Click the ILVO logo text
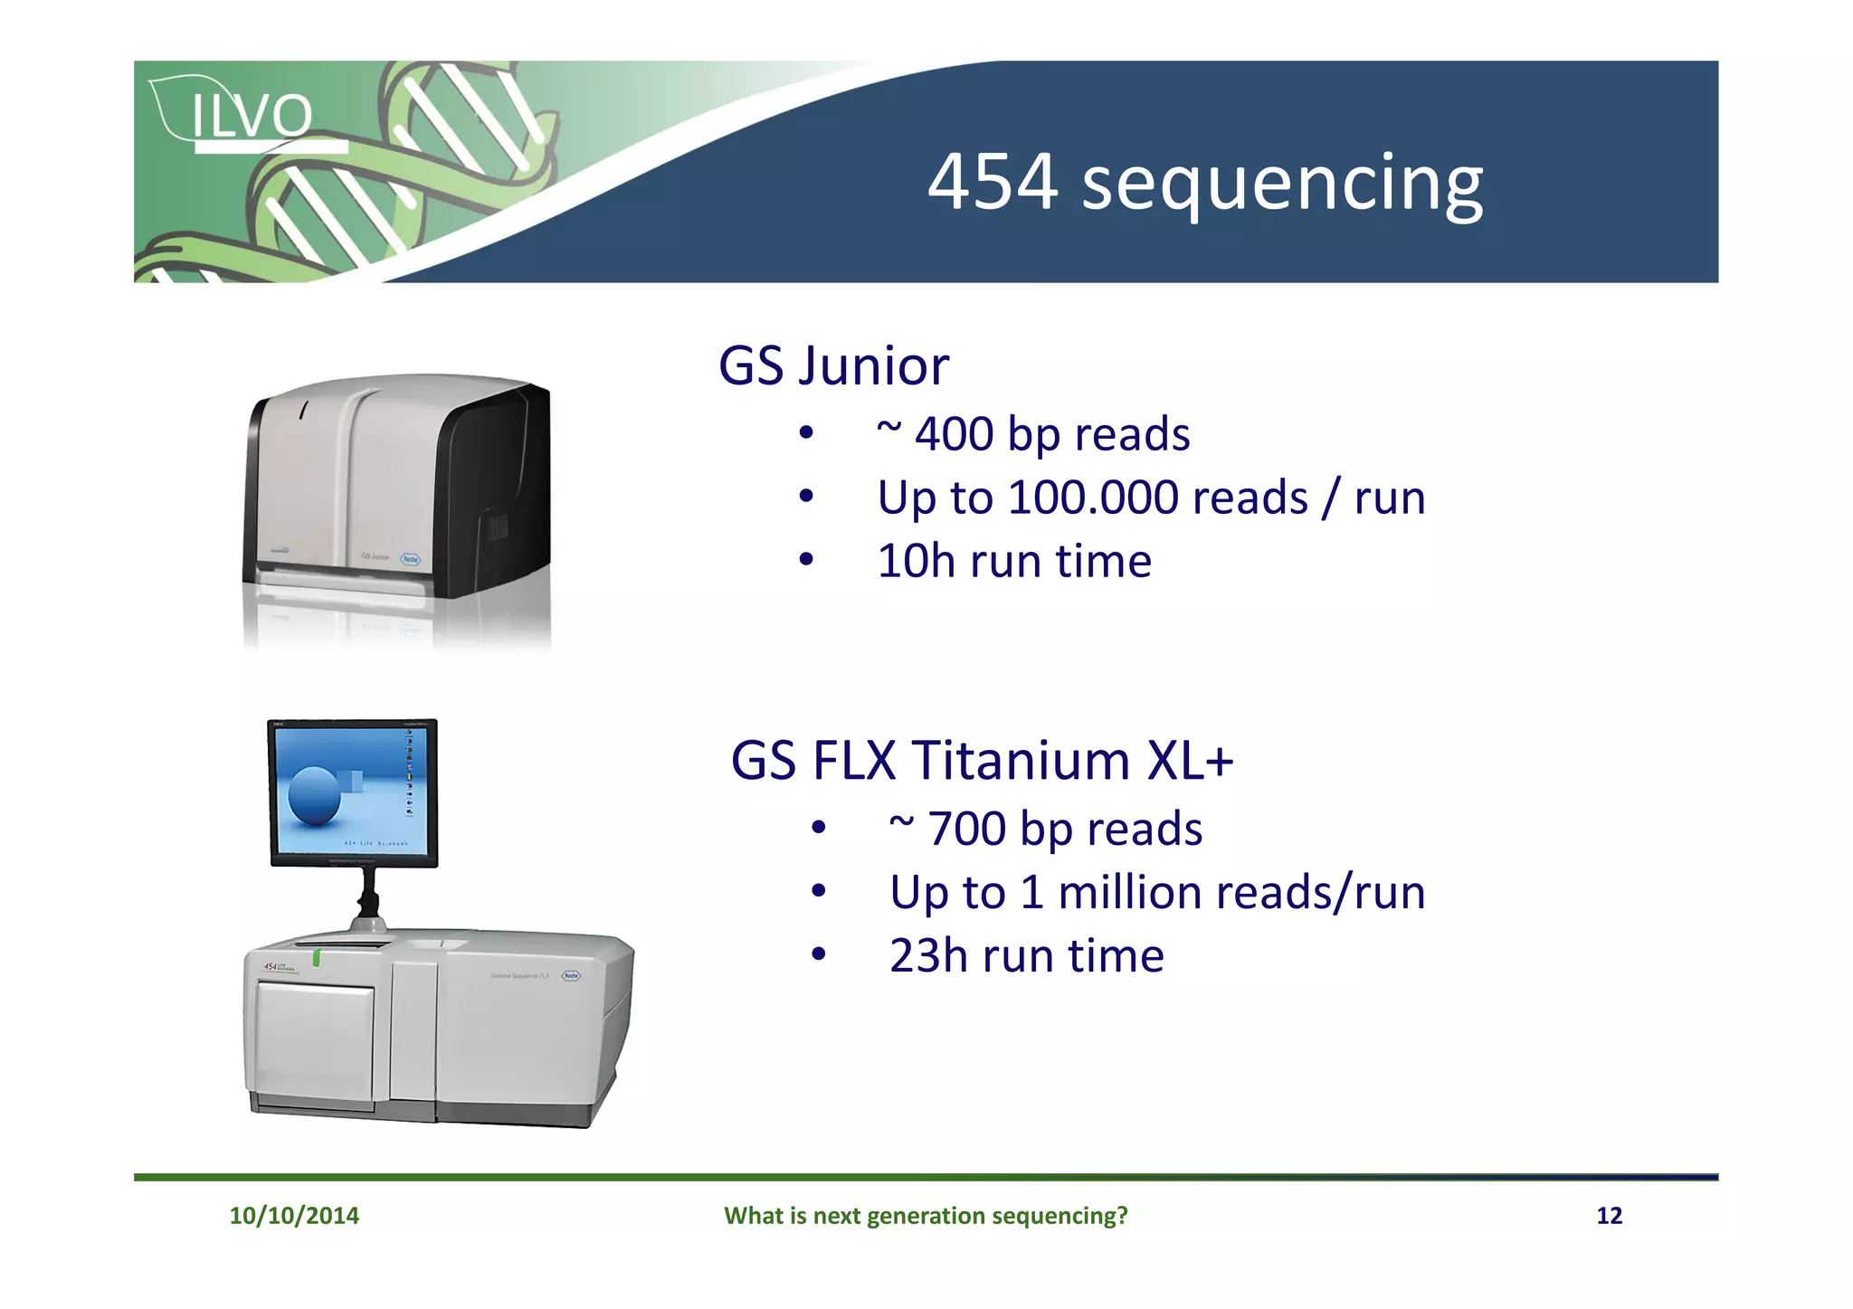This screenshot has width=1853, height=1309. coord(252,116)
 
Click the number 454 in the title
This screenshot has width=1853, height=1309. coord(993,182)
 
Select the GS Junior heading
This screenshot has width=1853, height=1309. coord(833,366)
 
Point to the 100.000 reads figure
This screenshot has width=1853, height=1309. coord(1093,498)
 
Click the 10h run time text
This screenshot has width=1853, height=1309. coord(1013,561)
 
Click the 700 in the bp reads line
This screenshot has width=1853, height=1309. coord(966,829)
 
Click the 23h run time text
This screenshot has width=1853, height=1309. coord(1026,956)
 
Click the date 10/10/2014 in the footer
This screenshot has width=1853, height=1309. coord(294,1215)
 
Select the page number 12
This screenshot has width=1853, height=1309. coord(1609,1215)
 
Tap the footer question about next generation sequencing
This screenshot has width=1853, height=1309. coord(926,1215)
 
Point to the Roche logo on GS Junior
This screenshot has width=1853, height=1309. coord(411,559)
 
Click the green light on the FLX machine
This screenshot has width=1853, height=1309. coord(316,957)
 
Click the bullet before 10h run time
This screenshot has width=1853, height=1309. coord(806,560)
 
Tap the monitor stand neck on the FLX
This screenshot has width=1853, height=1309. coord(368,895)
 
